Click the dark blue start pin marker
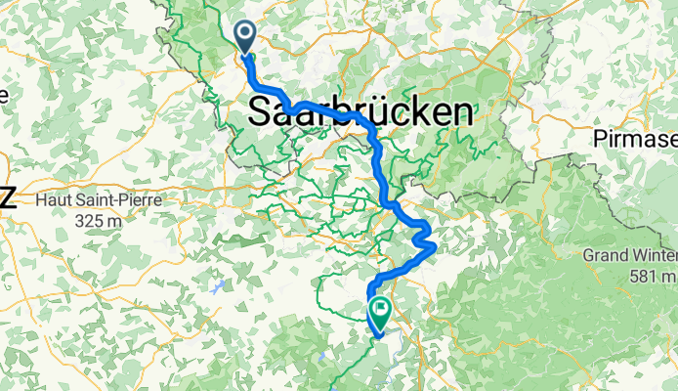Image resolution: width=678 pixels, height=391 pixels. pos(242,37)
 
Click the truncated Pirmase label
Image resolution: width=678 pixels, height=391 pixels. pos(634,141)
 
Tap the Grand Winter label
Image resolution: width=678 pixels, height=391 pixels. pos(630,255)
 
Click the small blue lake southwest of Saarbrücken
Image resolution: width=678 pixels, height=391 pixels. pos(217,287)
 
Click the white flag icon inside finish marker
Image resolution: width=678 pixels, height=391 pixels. pos(378,309)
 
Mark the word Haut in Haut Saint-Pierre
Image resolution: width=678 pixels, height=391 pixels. pos(53,199)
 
